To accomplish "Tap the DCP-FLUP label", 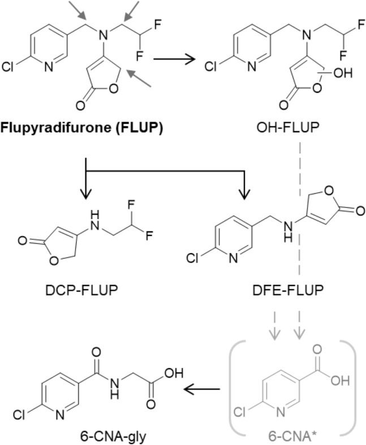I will (x=83, y=292).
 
